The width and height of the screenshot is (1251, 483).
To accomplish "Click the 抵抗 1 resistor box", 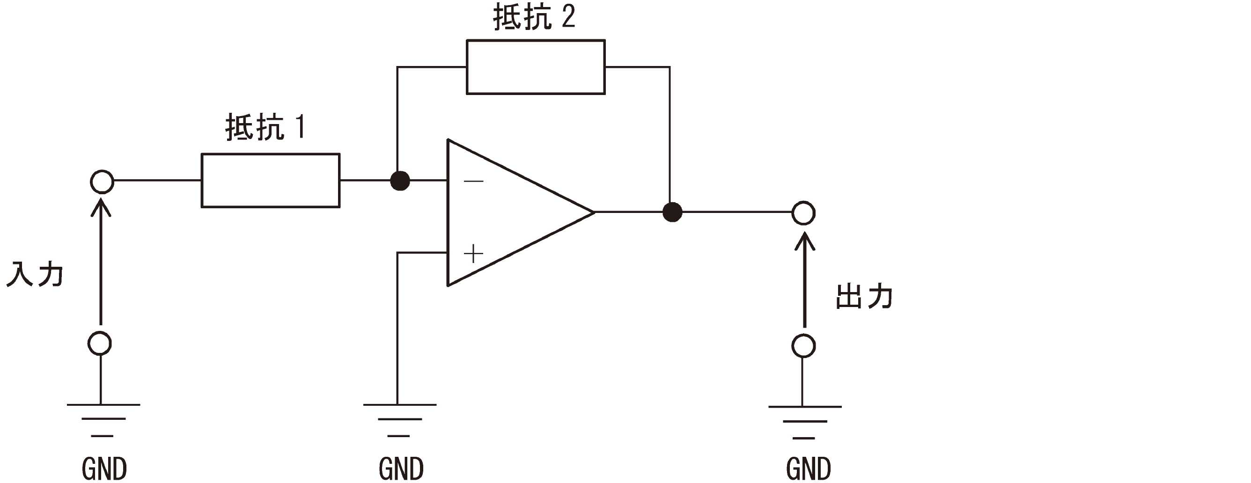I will (x=271, y=181).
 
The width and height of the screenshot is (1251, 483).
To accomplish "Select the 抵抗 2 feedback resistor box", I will (x=536, y=67).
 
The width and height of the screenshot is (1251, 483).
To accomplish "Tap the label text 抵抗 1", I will (x=265, y=127).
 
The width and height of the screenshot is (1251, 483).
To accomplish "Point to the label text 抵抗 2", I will (x=534, y=17).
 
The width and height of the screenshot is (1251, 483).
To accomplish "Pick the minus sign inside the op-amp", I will (x=473, y=182).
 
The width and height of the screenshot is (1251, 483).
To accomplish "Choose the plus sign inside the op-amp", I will (x=473, y=254).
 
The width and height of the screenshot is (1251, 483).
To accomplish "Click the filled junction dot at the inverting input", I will (x=400, y=181).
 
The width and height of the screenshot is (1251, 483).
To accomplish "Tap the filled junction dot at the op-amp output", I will (x=672, y=212).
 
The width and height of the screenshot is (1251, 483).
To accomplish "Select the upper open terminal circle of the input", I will (x=102, y=182).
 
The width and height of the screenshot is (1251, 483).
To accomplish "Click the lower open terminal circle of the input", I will (x=100, y=344).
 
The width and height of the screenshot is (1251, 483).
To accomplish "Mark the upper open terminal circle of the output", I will (x=803, y=213).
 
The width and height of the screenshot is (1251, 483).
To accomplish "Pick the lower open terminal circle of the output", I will (x=803, y=346).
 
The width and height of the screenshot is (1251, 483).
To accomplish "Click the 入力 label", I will (x=35, y=275).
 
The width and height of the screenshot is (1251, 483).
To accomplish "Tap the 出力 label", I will (x=864, y=297).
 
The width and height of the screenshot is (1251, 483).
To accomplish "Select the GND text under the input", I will (x=104, y=468).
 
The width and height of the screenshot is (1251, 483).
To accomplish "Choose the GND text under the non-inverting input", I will (x=401, y=468).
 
